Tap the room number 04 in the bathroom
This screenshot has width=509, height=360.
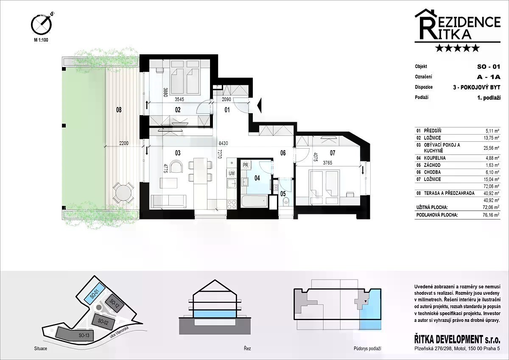(x=257, y=178)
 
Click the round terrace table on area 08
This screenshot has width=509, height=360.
(x=123, y=193)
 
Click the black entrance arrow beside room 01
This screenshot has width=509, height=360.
(x=259, y=105)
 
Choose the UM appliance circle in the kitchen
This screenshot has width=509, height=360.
(x=232, y=173)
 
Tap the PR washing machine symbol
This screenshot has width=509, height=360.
(x=246, y=165)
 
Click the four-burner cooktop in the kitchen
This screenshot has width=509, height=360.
(x=232, y=204)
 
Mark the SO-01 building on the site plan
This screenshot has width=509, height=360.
(x=95, y=295)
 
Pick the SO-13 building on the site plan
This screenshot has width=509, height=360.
(x=75, y=334)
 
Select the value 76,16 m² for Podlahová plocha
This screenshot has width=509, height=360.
(x=491, y=215)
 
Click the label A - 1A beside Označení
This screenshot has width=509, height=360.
(x=489, y=77)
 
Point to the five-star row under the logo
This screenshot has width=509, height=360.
(x=457, y=48)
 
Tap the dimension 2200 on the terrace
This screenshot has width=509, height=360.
(x=124, y=143)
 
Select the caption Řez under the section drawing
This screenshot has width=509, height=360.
(x=247, y=349)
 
